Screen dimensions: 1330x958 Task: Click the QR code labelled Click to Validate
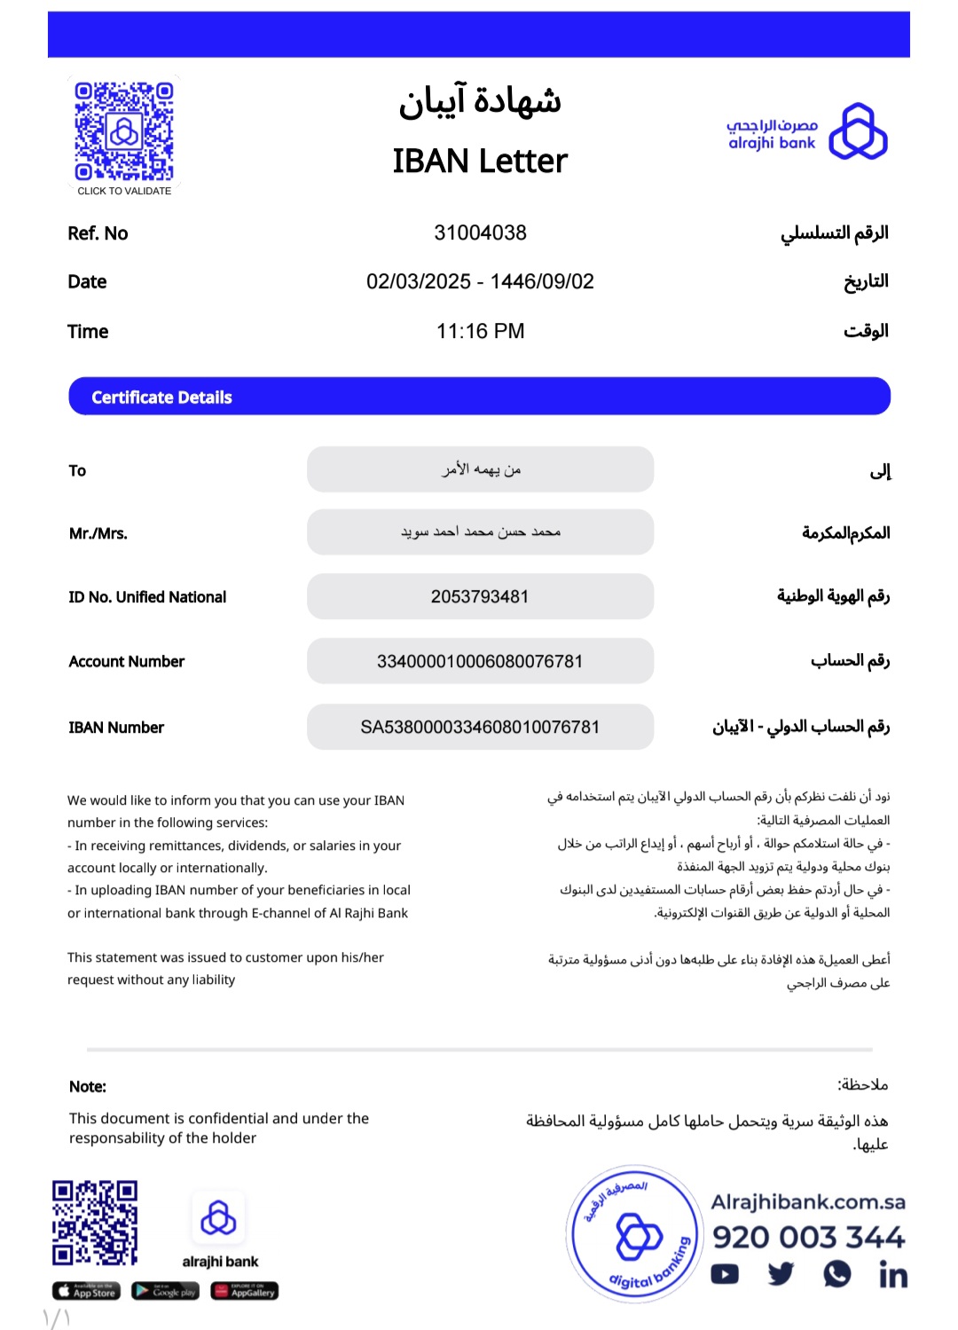tap(124, 131)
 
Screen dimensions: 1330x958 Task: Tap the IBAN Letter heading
tap(480, 161)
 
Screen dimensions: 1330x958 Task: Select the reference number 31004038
tap(480, 233)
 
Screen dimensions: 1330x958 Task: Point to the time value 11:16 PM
tap(480, 332)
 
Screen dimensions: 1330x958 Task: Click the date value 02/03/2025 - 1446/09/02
tap(480, 282)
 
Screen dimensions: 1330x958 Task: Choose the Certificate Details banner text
tap(161, 397)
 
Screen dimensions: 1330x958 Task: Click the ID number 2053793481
tap(480, 597)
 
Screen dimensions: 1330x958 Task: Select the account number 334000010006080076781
tap(480, 662)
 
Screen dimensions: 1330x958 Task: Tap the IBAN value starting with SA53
tap(480, 728)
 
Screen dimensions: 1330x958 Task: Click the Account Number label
tap(127, 662)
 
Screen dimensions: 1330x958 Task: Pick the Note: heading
tap(88, 1087)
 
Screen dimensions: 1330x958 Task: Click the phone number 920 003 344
tap(808, 1237)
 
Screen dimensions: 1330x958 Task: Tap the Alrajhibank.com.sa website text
tap(808, 1202)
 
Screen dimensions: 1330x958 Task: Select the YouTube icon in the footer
tap(725, 1274)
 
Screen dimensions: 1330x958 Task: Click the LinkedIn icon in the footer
tap(892, 1275)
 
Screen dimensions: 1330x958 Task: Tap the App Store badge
tap(86, 1291)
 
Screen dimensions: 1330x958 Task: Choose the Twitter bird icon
tap(781, 1274)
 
